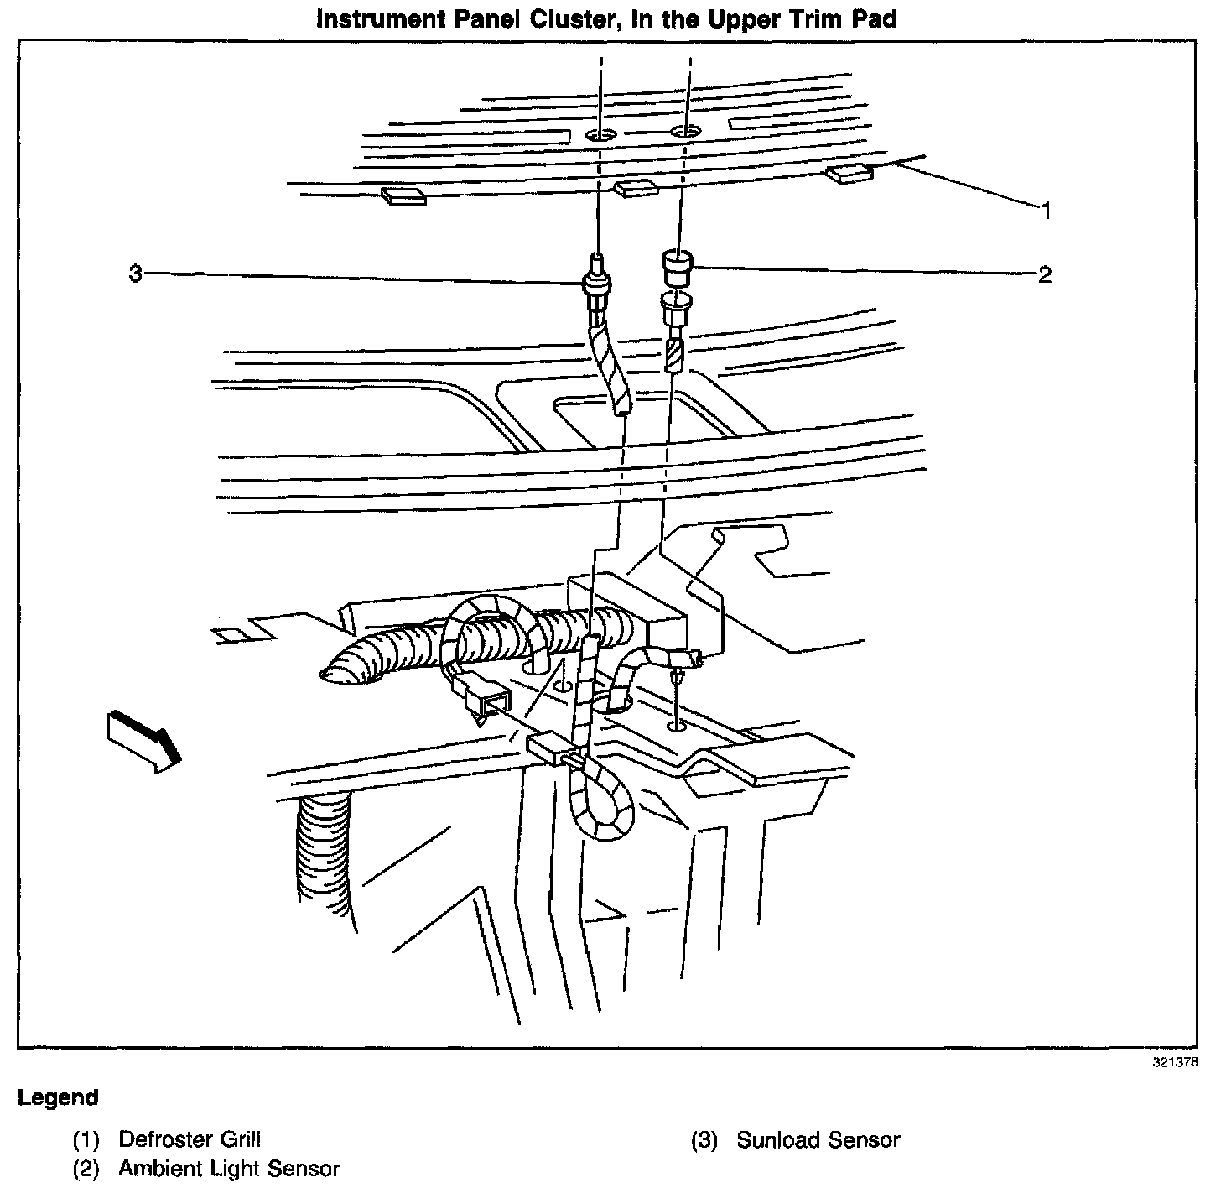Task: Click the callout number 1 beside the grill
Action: click(x=1045, y=211)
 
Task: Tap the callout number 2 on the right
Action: click(x=1045, y=274)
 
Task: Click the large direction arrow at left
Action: click(x=143, y=737)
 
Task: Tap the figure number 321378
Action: click(x=1175, y=1061)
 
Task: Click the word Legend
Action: click(x=58, y=1097)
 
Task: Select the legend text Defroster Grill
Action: click(x=190, y=1139)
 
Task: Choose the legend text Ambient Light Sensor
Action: click(x=229, y=1168)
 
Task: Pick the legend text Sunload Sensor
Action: click(x=818, y=1140)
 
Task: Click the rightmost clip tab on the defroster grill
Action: click(x=850, y=175)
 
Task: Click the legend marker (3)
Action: click(x=704, y=1140)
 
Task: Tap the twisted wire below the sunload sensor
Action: click(x=613, y=369)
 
